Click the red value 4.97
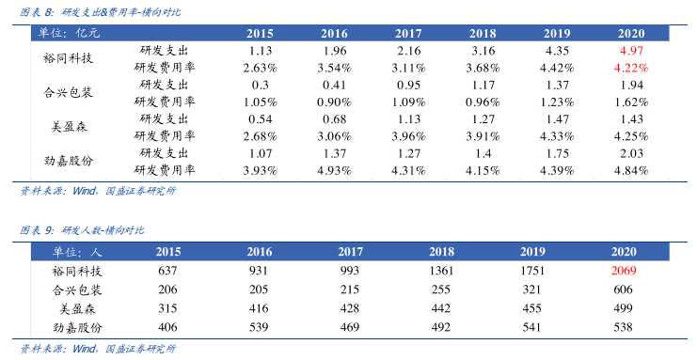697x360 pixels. (x=631, y=51)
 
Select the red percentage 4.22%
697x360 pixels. (x=631, y=68)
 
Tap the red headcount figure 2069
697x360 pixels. (x=624, y=271)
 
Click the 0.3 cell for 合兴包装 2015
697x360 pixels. (x=260, y=85)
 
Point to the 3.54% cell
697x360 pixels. (x=334, y=68)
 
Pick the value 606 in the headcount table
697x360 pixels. (x=624, y=290)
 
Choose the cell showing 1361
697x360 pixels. (x=441, y=271)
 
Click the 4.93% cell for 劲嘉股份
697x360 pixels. (x=334, y=170)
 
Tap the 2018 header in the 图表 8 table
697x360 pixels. (x=483, y=33)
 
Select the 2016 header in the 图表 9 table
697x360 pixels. (x=260, y=252)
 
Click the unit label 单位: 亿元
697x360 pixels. (x=69, y=33)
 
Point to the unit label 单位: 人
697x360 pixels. (x=77, y=252)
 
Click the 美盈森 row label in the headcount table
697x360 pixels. (x=77, y=308)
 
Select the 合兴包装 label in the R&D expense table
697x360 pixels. (x=68, y=92)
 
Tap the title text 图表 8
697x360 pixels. (x=37, y=12)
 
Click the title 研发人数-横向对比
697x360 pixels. (x=103, y=230)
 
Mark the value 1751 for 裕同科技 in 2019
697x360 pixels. (x=532, y=271)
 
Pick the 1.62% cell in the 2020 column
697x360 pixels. (x=631, y=102)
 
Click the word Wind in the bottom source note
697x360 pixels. (x=84, y=349)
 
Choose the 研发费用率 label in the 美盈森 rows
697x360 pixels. (x=165, y=136)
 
